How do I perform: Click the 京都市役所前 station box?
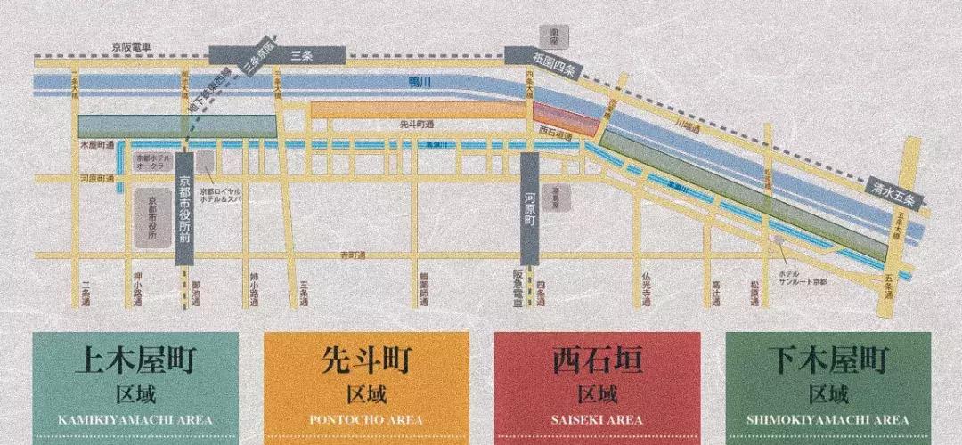(185, 208)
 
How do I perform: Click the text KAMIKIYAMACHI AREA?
(135, 419)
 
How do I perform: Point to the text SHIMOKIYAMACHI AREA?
(828, 419)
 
